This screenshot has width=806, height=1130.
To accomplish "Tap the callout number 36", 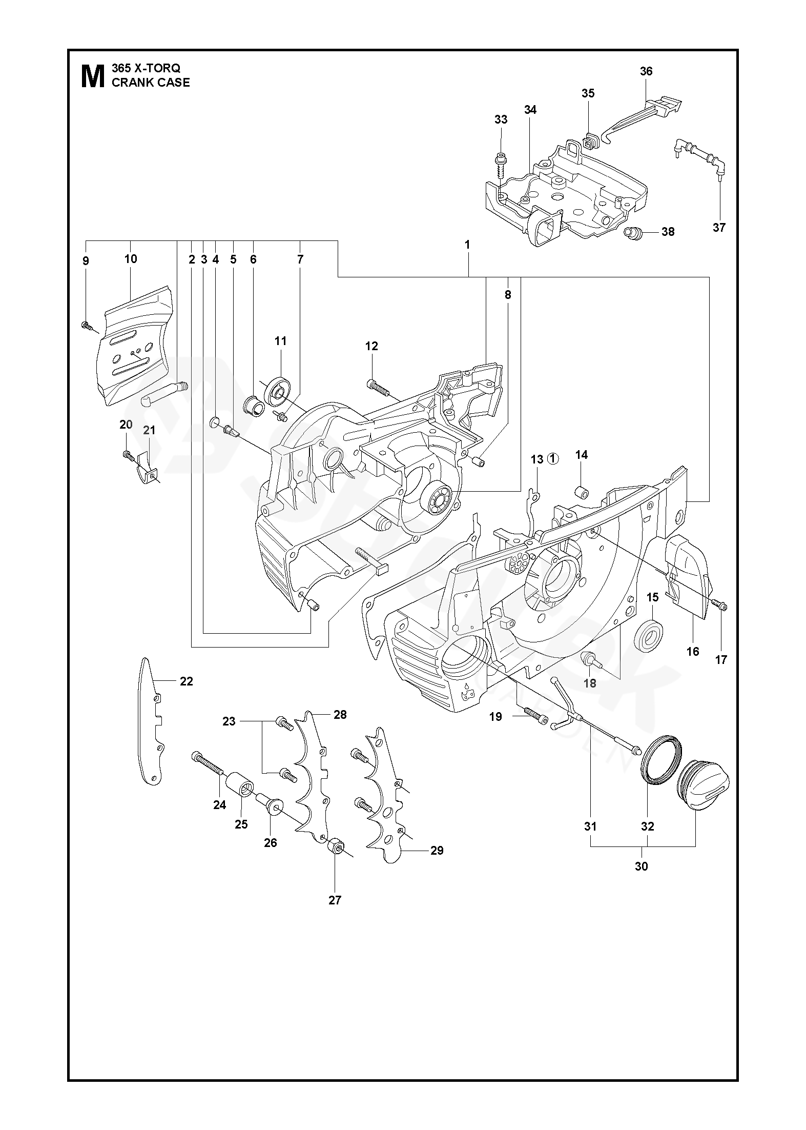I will (646, 71).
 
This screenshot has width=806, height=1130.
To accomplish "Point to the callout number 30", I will (641, 866).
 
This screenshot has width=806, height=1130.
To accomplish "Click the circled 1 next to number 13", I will (553, 459).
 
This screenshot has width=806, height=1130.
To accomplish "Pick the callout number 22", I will (186, 681).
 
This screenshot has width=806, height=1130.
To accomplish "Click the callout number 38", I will (668, 232).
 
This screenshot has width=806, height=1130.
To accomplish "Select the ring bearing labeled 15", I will (648, 637).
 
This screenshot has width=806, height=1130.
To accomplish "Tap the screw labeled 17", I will (721, 608).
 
